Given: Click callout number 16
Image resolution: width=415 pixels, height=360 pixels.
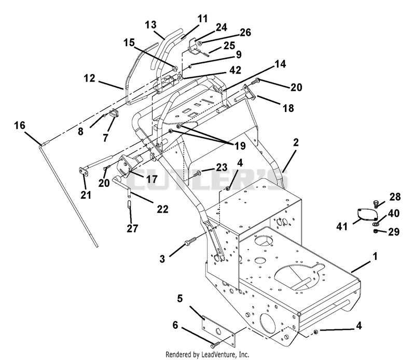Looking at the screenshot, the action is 20,126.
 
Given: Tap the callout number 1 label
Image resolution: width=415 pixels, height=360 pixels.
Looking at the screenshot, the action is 375,256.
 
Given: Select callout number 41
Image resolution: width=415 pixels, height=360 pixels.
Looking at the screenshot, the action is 342,226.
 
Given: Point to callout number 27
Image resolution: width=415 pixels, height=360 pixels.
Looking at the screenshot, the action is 132,228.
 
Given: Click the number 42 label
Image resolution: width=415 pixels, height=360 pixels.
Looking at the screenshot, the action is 236,70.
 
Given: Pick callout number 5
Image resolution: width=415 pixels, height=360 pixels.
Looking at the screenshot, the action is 180,299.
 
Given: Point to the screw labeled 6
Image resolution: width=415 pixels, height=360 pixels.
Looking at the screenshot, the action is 215,345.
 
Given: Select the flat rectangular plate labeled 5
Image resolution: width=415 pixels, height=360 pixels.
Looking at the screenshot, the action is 218,330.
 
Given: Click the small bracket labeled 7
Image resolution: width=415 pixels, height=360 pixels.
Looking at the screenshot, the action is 115,114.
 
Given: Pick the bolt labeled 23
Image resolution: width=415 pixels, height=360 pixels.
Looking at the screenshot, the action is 198,174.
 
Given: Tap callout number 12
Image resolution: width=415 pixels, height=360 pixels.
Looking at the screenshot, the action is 89,78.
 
